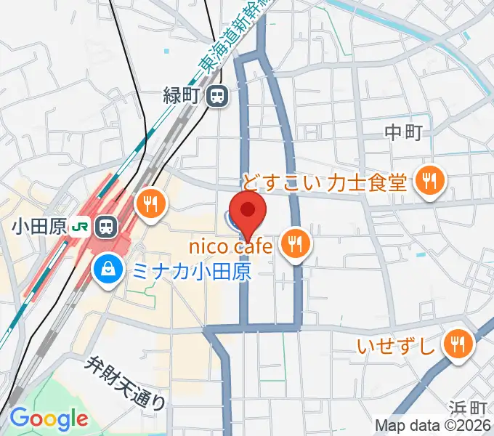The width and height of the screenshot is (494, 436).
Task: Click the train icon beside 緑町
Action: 216,95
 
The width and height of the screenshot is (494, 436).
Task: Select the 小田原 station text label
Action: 39,226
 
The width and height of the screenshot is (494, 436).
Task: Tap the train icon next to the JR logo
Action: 106,226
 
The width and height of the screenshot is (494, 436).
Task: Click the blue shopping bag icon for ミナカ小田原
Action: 108,272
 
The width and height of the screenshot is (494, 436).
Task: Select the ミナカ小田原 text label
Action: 191,272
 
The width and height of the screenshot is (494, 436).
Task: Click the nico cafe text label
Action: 230,246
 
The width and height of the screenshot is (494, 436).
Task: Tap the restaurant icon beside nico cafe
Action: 294,245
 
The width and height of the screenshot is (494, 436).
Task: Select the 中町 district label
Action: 403,132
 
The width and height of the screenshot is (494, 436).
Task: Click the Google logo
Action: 49,419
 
